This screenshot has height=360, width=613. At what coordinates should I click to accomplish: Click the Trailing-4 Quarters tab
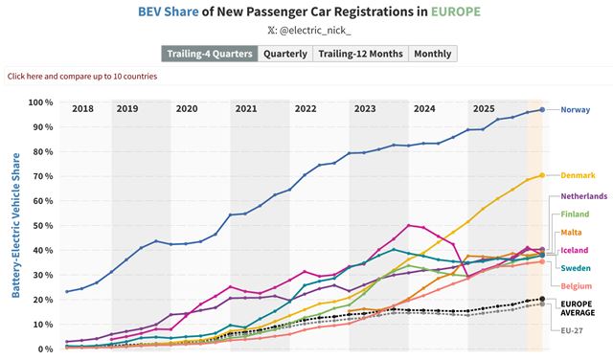point(209,54)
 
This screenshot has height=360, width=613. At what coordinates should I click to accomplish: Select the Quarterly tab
point(284,54)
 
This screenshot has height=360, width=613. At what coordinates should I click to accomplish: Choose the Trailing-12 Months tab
point(360,54)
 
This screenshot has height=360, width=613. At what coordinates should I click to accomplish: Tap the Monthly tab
point(432,54)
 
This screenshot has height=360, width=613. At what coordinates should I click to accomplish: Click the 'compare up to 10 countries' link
point(82,76)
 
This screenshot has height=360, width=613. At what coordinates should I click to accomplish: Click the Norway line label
point(575,110)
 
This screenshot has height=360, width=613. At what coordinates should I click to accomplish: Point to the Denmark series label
point(578,175)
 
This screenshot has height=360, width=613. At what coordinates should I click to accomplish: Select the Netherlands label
point(583,195)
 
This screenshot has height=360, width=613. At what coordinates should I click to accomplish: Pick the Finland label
point(575,214)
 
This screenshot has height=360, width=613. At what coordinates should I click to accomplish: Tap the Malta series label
point(573,232)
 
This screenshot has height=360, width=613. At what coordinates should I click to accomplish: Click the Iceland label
point(575,250)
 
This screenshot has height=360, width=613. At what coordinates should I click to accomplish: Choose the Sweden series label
point(576,268)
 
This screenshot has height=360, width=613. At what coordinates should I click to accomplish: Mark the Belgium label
point(577,286)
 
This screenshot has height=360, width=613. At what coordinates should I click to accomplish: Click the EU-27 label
point(572,330)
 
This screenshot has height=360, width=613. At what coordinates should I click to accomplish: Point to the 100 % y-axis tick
point(41,102)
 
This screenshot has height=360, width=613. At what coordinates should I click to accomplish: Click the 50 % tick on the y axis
point(43,226)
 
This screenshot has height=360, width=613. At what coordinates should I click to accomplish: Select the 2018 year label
point(82,109)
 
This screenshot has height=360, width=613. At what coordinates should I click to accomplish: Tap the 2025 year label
point(483,109)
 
